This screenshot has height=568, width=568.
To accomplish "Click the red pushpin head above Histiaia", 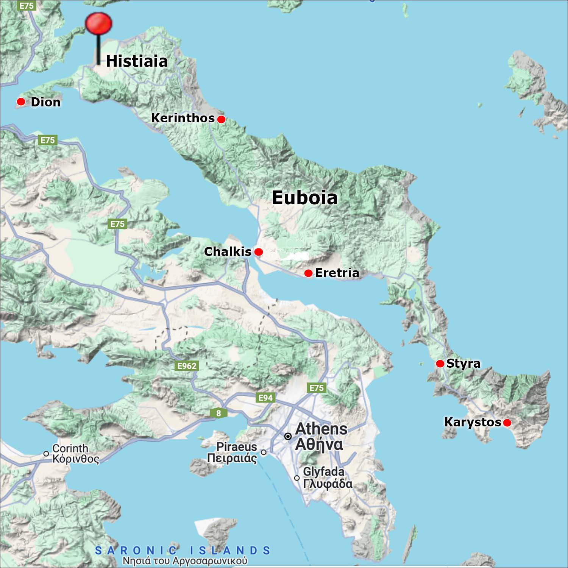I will (x=98, y=23).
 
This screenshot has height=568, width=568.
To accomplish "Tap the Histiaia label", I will (x=136, y=61).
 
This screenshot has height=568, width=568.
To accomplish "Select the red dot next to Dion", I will (x=21, y=101).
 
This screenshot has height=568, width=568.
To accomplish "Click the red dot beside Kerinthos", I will (x=222, y=119).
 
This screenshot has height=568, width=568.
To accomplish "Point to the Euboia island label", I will (x=304, y=198).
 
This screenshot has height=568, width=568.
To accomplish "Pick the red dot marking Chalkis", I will (x=259, y=252).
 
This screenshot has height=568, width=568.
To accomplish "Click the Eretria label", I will (x=337, y=273).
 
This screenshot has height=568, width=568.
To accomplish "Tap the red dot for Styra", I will (x=440, y=364).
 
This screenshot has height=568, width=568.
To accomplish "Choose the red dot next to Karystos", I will (x=507, y=423).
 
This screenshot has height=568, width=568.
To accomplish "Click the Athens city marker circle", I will (x=288, y=437).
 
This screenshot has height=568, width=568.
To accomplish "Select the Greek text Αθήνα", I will (x=319, y=445).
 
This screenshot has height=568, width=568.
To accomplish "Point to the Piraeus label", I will (x=237, y=447).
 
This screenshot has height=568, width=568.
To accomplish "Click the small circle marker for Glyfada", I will (x=297, y=478).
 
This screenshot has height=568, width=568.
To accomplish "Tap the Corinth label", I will (x=70, y=448).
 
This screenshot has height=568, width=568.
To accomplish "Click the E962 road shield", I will (x=187, y=366).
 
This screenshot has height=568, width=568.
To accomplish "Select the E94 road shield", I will (x=265, y=398).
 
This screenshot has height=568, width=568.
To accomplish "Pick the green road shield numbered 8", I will (x=218, y=413).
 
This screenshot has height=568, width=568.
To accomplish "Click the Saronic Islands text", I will (x=183, y=550).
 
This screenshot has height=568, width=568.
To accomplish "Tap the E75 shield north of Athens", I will (x=317, y=388).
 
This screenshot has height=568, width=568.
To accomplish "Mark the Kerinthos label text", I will (x=183, y=118).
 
